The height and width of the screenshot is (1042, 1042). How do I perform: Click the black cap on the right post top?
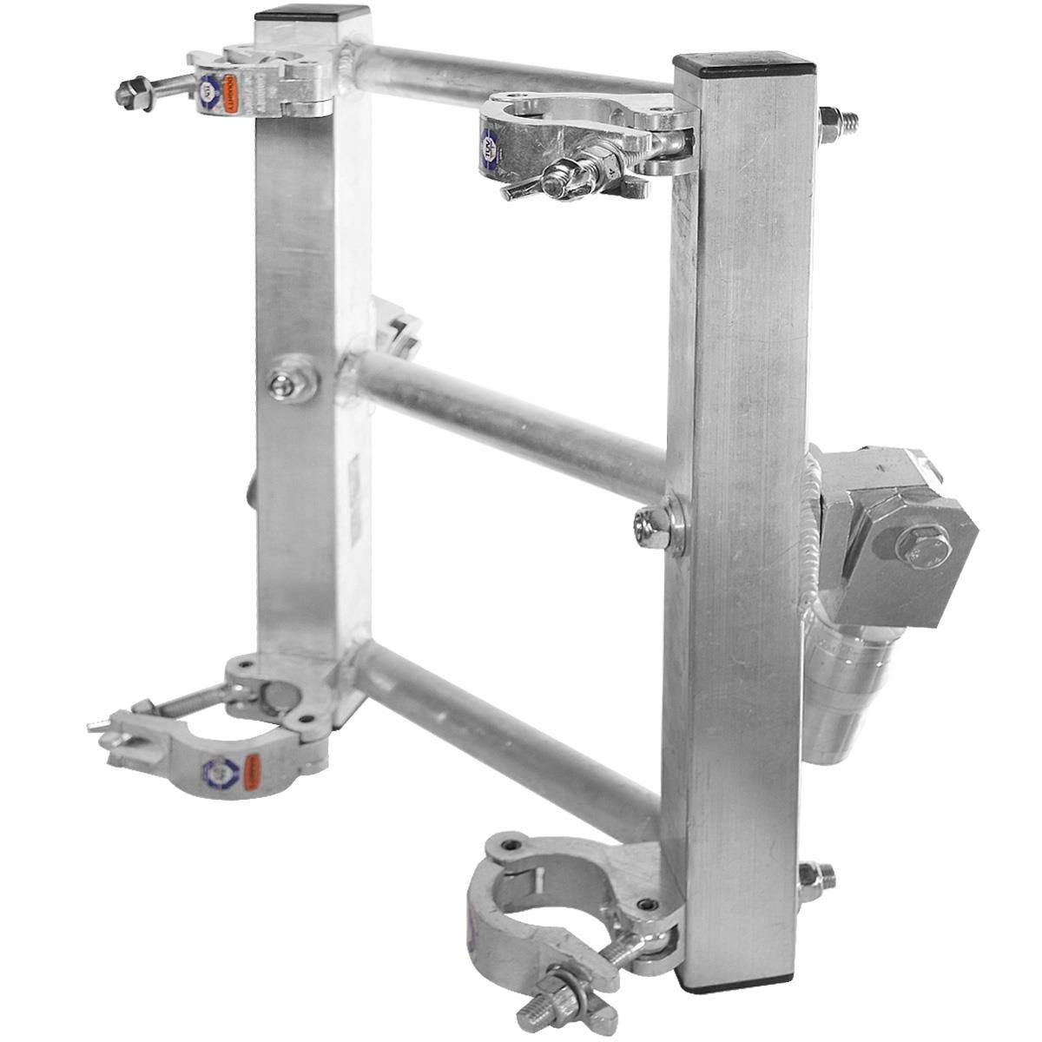pos(745,63)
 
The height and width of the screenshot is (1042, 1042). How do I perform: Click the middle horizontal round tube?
pos(512,425)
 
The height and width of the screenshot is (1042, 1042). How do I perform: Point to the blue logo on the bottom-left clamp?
pos(218,769)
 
